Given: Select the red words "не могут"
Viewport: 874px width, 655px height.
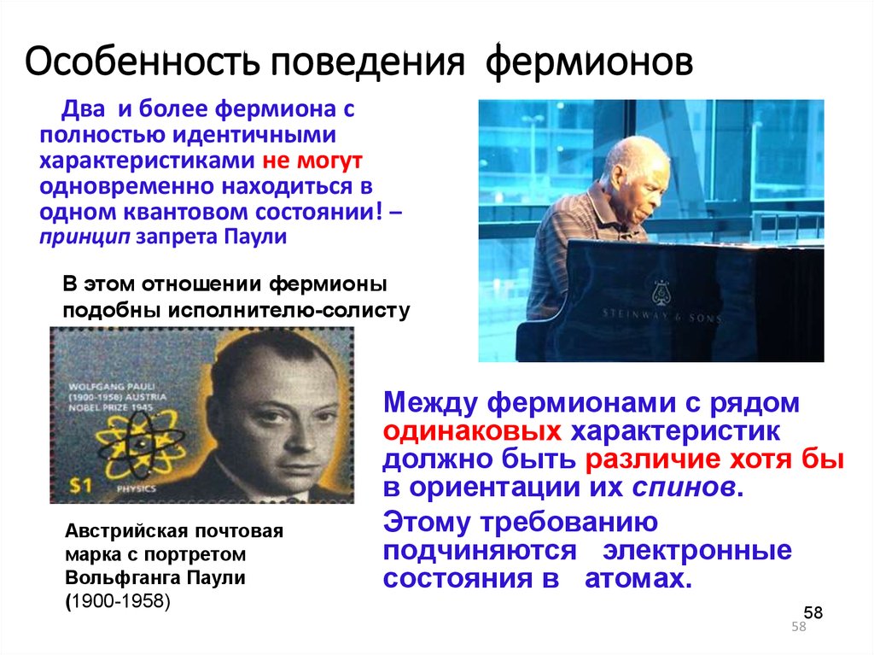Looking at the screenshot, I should click(x=312, y=160).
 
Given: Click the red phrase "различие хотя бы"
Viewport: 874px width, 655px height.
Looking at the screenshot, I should click(x=714, y=459).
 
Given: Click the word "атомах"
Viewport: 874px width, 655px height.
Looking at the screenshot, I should click(x=635, y=579).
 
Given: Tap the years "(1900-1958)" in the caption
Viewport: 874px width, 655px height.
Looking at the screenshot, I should click(x=118, y=601).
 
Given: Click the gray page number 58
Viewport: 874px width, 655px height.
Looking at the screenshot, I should click(x=799, y=628).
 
